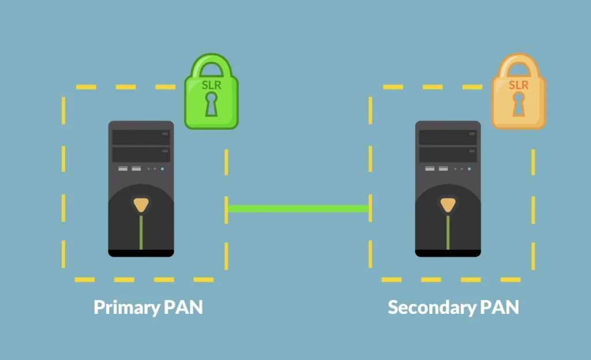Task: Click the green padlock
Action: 211,98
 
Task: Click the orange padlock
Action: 518,98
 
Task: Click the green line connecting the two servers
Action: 298,209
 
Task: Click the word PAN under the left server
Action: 184,307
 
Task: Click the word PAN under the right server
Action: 500,307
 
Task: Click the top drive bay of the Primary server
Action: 141,137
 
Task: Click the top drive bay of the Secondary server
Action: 448,137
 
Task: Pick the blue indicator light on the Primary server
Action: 162,169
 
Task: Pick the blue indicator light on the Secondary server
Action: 469,169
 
